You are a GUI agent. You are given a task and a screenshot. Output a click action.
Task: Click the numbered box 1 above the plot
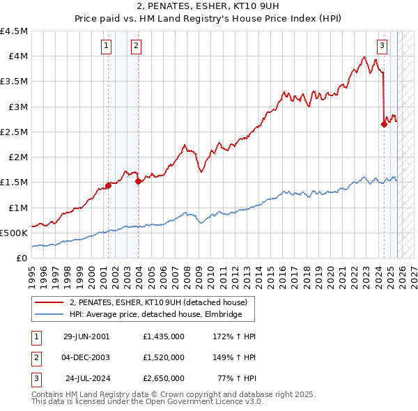click(106, 46)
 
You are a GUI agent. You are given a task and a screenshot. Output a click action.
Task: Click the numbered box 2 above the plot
click(136, 46)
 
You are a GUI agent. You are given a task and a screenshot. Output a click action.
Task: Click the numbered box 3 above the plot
click(382, 46)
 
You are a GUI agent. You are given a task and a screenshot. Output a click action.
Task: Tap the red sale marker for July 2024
click(384, 125)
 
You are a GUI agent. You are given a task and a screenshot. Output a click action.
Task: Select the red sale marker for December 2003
click(138, 181)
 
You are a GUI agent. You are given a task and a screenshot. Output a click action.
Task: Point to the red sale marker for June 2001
click(108, 185)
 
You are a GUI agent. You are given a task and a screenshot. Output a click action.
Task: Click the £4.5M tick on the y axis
click(15, 31)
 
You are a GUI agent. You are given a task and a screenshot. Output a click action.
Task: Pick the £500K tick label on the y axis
click(14, 233)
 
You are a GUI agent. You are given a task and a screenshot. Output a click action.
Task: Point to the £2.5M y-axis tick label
click(15, 132)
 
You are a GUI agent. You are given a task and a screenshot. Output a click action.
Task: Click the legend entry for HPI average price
click(155, 315)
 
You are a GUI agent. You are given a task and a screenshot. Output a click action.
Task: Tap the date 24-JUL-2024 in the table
click(88, 378)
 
